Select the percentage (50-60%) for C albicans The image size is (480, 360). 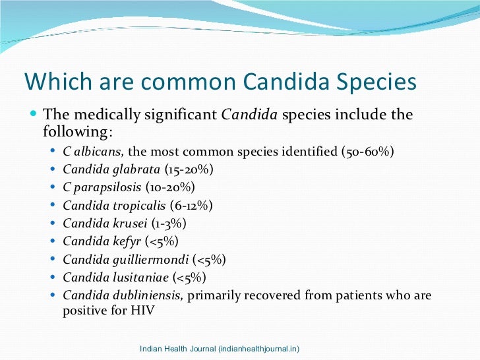click(368, 151)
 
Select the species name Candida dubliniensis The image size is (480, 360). click(122, 295)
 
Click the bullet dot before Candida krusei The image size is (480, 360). click(54, 224)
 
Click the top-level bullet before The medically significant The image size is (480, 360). click(34, 115)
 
